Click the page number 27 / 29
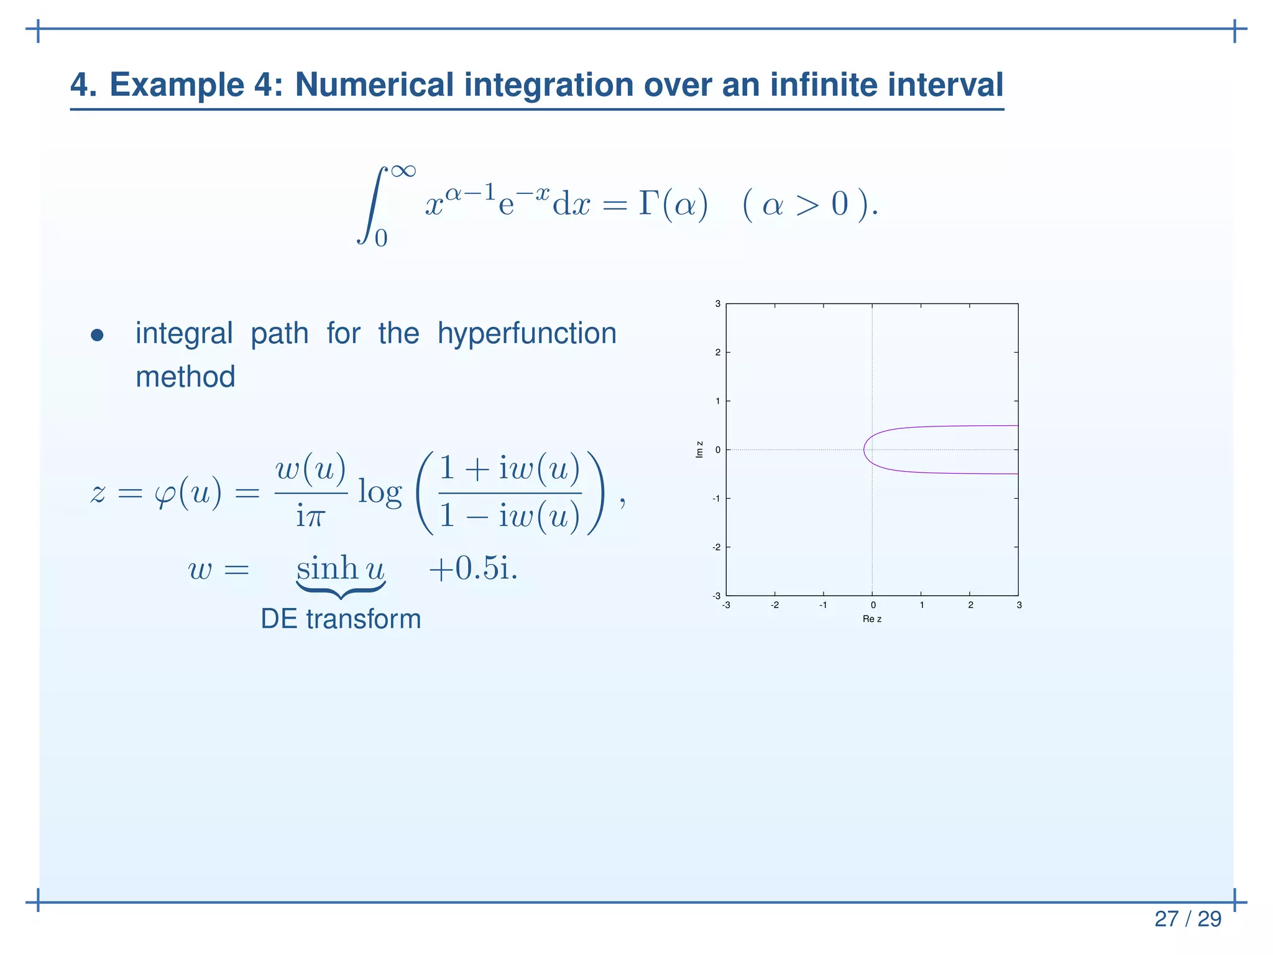tap(1187, 919)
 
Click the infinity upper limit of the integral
tap(403, 170)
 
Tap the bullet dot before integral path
tap(97, 336)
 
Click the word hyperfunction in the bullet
tap(526, 334)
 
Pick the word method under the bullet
tap(185, 377)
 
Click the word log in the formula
tap(380, 493)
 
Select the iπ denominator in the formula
tap(310, 516)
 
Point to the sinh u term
tap(341, 568)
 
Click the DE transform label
tap(341, 619)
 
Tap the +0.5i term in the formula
tap(472, 568)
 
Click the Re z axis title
tap(871, 619)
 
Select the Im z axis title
tap(700, 450)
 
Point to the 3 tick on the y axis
tap(717, 304)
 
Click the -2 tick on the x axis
tap(774, 605)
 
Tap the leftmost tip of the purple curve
tap(864, 450)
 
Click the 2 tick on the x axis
tap(970, 605)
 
